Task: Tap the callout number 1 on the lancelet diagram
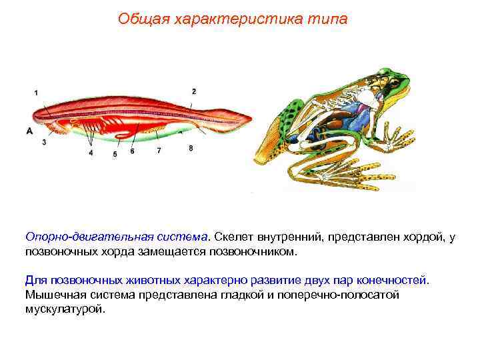(x=36, y=93)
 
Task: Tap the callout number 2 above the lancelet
(x=194, y=91)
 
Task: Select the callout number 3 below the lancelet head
(x=43, y=142)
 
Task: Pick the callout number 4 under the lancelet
(x=91, y=153)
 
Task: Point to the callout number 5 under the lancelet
(x=115, y=154)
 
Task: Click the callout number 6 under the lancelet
(x=132, y=151)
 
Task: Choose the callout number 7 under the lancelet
(x=159, y=151)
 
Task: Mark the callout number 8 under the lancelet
(x=191, y=148)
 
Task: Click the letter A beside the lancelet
(x=30, y=131)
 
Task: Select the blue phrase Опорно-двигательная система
(x=117, y=237)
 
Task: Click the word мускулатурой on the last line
(x=65, y=310)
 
